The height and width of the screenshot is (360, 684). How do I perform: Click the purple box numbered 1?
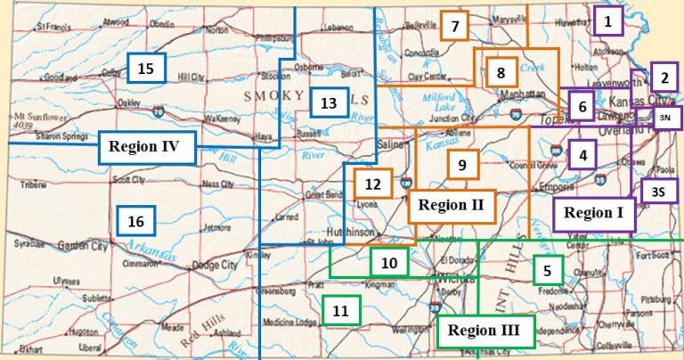tap(607, 20)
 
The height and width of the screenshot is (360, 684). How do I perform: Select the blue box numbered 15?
tap(146, 68)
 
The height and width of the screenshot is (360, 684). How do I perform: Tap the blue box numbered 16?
tap(135, 220)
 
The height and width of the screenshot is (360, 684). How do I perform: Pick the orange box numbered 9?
tap(461, 165)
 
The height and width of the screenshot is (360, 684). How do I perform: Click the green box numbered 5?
tap(548, 270)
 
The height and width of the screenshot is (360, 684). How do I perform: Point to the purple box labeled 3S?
tap(658, 191)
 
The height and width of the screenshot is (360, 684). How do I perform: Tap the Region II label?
tap(451, 206)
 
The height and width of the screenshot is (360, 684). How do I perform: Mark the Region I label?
tap(594, 214)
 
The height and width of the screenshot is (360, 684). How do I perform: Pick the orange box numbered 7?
tap(454, 26)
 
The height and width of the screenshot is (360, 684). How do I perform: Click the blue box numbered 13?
tap(329, 103)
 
